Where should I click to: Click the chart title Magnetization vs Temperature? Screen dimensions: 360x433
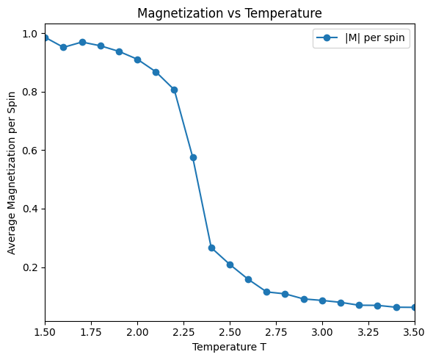pyautogui.click(x=230, y=12)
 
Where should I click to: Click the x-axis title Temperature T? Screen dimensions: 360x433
pyautogui.click(x=230, y=346)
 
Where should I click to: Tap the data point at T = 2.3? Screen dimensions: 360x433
pyautogui.click(x=193, y=157)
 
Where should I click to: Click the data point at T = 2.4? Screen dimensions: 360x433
pyautogui.click(x=211, y=248)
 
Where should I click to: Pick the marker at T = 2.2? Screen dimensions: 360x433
pyautogui.click(x=174, y=90)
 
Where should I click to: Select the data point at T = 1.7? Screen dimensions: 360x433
pyautogui.click(x=82, y=42)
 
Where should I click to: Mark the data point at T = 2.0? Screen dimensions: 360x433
pyautogui.click(x=137, y=60)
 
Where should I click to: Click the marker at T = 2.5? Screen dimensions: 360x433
pyautogui.click(x=230, y=264)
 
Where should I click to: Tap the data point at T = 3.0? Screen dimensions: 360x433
pyautogui.click(x=322, y=300)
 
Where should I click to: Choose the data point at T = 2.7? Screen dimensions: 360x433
pyautogui.click(x=266, y=292)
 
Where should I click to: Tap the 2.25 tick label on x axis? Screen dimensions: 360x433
pyautogui.click(x=183, y=332)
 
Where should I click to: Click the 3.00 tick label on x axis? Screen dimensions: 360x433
pyautogui.click(x=322, y=332)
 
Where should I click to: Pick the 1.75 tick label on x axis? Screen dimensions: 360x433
pyautogui.click(x=91, y=332)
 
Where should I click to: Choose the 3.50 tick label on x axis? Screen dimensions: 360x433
pyautogui.click(x=414, y=332)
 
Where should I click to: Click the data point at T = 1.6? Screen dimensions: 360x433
pyautogui.click(x=63, y=47)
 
